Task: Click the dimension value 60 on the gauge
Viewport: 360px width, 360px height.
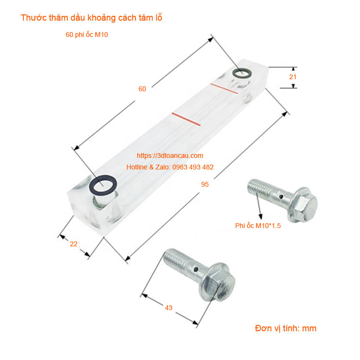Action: pyautogui.click(x=142, y=89)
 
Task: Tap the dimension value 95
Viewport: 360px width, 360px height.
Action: pyautogui.click(x=205, y=184)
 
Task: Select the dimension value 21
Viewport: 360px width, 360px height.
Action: pyautogui.click(x=293, y=77)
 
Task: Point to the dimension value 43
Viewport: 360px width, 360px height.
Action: pyautogui.click(x=168, y=308)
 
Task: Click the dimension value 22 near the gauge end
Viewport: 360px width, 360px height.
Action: pyautogui.click(x=74, y=244)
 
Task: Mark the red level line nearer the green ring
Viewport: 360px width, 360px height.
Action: pyautogui.click(x=224, y=89)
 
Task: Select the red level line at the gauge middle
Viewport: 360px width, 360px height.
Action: pyautogui.click(x=186, y=120)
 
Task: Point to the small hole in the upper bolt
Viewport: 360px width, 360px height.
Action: pyautogui.click(x=281, y=196)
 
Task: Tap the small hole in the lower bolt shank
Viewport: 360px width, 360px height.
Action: pyautogui.click(x=196, y=269)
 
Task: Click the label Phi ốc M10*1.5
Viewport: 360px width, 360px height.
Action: pyautogui.click(x=258, y=226)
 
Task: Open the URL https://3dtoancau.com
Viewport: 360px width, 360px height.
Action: pyautogui.click(x=170, y=156)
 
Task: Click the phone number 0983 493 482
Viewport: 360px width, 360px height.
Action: pyautogui.click(x=193, y=167)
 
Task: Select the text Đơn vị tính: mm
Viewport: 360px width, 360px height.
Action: pyautogui.click(x=286, y=328)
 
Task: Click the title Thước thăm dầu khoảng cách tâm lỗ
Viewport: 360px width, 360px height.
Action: pyautogui.click(x=91, y=18)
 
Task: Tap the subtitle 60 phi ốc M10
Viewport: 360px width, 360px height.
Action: pyautogui.click(x=87, y=35)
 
